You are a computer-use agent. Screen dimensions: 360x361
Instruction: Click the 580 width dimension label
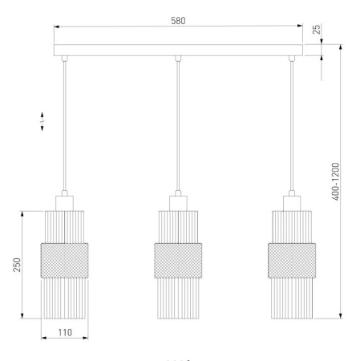(178, 21)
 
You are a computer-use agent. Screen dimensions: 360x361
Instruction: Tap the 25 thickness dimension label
(316, 30)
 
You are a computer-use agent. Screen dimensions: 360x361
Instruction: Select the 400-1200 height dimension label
(335, 181)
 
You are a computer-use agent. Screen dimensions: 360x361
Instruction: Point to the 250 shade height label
(17, 265)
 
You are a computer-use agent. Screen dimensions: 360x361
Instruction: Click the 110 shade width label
(65, 332)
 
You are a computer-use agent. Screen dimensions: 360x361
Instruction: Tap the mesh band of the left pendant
(64, 261)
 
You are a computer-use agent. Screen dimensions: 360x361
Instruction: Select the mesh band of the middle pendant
(178, 261)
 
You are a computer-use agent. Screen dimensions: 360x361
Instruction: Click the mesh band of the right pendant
(292, 261)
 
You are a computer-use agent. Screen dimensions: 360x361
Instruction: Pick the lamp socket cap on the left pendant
(64, 203)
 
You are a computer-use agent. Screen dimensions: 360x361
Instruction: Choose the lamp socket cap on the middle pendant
(178, 203)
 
